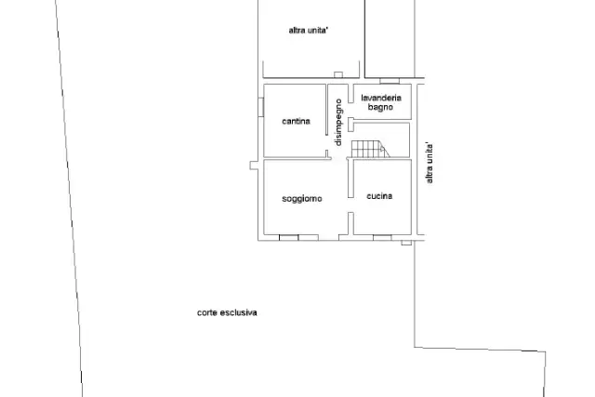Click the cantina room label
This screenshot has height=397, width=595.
point(296,121)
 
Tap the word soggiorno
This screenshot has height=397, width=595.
point(302,199)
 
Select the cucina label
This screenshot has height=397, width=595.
point(379,196)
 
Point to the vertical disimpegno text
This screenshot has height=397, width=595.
point(338,122)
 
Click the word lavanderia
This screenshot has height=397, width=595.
point(381,98)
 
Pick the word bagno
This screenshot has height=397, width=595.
point(380,107)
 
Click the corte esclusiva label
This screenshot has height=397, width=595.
point(227,312)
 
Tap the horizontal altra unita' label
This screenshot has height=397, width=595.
point(308,31)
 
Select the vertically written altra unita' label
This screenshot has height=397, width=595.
point(430,164)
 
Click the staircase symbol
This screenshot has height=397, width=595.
point(370,149)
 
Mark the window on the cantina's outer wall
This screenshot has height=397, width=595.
point(260,107)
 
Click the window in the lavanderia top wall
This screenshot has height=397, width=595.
point(390,81)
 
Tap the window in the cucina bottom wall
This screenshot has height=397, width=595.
point(382,238)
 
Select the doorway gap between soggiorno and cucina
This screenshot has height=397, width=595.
point(350,205)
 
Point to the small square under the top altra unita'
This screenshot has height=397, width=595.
point(338,74)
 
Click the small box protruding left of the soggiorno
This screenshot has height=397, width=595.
point(254,165)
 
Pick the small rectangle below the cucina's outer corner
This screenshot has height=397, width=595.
point(406,243)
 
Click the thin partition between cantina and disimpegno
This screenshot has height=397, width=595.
point(326,110)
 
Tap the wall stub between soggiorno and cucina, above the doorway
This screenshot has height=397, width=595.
point(350,179)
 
